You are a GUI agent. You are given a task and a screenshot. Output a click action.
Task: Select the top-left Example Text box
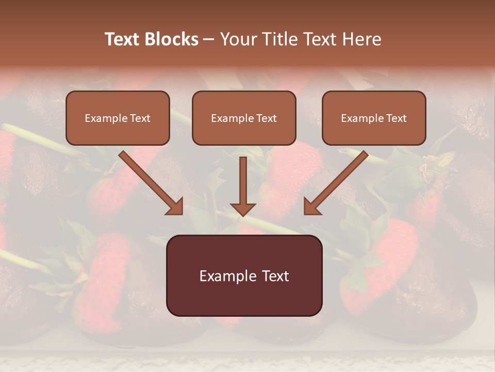118,118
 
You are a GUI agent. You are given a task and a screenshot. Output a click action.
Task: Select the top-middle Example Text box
244,118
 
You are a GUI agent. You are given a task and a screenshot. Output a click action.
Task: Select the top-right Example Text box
374,118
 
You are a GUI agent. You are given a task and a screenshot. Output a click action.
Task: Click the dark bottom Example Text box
244,276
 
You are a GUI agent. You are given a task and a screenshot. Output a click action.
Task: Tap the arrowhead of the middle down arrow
243,208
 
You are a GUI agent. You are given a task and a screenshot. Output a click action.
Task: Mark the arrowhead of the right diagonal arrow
312,206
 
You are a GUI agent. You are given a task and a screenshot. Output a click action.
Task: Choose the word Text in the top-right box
395,118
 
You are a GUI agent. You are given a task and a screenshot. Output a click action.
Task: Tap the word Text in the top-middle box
266,118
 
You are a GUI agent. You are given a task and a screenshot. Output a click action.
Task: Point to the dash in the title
209,40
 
